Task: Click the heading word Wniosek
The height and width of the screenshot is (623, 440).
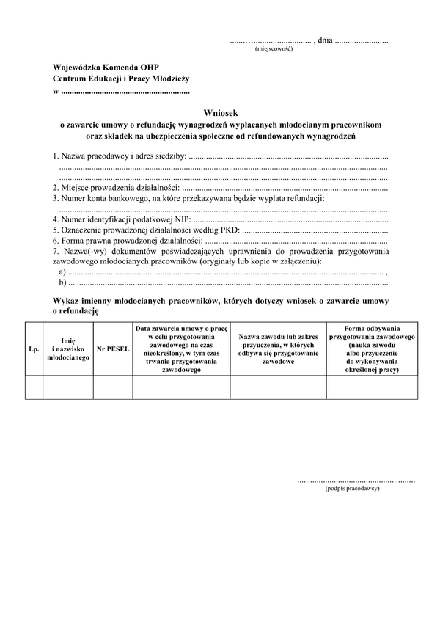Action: [x=221, y=113]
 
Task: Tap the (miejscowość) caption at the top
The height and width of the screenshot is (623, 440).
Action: [x=274, y=49]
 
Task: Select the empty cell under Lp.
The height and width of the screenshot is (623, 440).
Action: [x=34, y=387]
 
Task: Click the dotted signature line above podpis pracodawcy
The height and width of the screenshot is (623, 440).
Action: [x=356, y=481]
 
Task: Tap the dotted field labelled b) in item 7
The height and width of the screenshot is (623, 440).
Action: [x=227, y=283]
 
